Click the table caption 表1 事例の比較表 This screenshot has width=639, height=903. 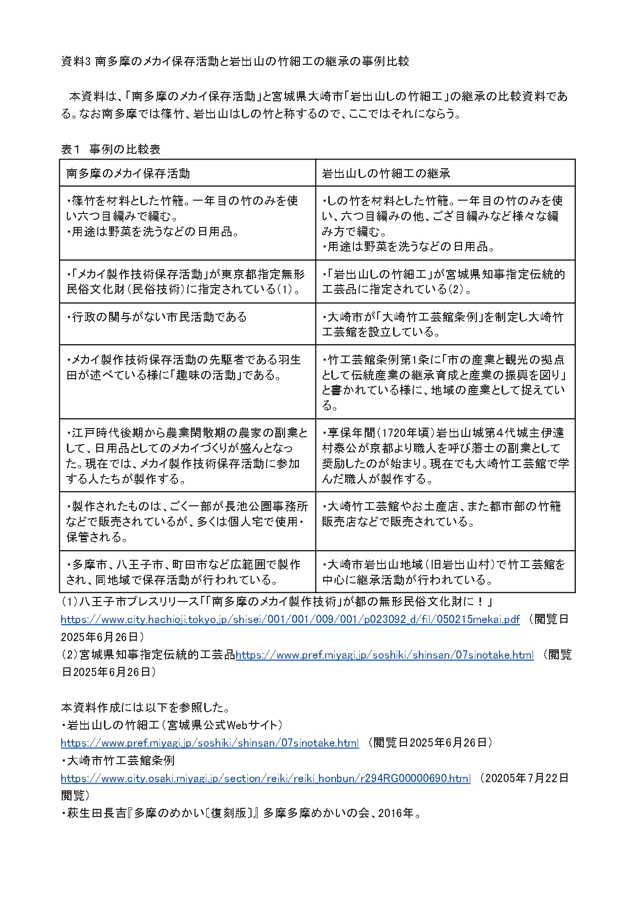coord(111,149)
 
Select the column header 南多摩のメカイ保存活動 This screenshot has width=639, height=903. coord(128,173)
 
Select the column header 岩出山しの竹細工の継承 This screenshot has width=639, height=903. coord(386,173)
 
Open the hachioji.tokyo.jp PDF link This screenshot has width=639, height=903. coord(290,619)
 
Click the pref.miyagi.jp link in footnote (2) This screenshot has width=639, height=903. coord(384,655)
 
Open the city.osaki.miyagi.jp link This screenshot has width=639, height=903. coord(265,778)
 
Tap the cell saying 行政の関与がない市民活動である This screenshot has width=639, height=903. coord(157,317)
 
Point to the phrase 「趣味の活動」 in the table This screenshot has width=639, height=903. coord(212,375)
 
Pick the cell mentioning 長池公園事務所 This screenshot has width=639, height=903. coord(187,521)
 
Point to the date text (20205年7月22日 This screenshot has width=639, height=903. coord(523,778)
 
